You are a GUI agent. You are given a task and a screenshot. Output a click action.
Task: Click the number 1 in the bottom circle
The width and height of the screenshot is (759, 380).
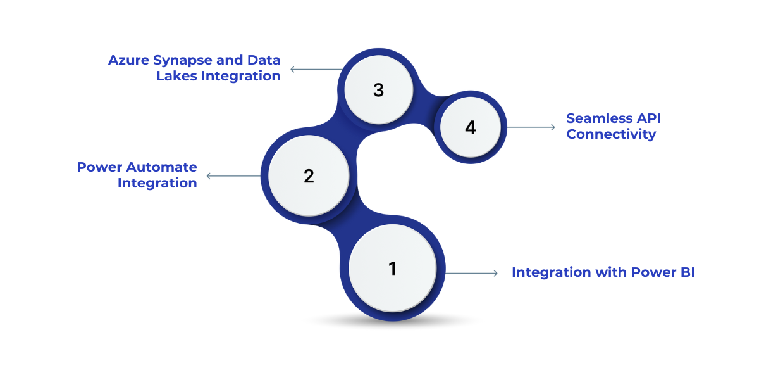click(x=392, y=269)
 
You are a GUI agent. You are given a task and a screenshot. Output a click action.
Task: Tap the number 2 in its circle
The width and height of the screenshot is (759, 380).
click(x=309, y=176)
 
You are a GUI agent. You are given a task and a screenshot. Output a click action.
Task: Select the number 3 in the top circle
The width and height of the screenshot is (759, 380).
click(x=378, y=90)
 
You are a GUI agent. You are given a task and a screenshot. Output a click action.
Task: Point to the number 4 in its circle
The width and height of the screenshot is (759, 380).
click(x=470, y=127)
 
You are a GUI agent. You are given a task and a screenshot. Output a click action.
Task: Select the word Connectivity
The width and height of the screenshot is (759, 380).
click(x=611, y=134)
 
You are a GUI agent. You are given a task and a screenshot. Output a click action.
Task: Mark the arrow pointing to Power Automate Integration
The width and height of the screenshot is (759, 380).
click(x=233, y=176)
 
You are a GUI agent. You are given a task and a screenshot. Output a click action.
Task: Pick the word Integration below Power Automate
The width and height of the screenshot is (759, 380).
click(x=157, y=183)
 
